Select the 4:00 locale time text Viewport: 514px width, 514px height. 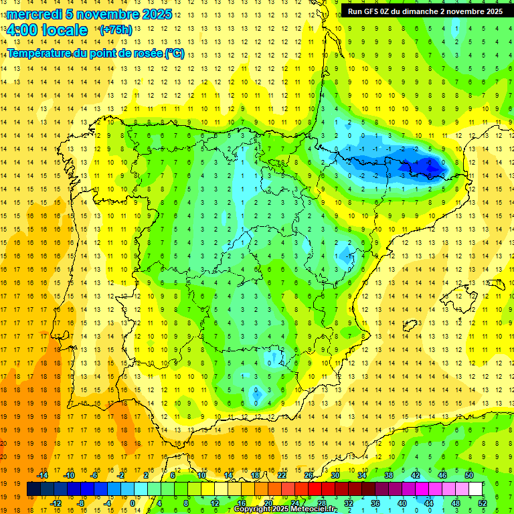47,30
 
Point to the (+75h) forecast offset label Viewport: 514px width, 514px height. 116,30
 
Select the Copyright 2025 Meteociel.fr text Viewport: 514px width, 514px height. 285,509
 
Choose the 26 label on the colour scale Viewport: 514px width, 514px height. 309,475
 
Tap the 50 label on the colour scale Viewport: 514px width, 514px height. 469,475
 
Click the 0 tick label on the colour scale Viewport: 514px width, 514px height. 133,503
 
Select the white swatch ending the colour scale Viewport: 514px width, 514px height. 476,489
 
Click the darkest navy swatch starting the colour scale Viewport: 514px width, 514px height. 33,489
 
